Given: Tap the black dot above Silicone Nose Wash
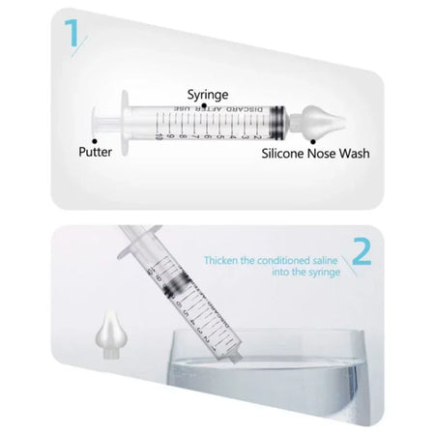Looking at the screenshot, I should [x=313, y=141].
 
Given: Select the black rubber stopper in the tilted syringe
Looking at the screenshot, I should [x=174, y=285].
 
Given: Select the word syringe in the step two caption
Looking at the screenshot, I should [x=317, y=274].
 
